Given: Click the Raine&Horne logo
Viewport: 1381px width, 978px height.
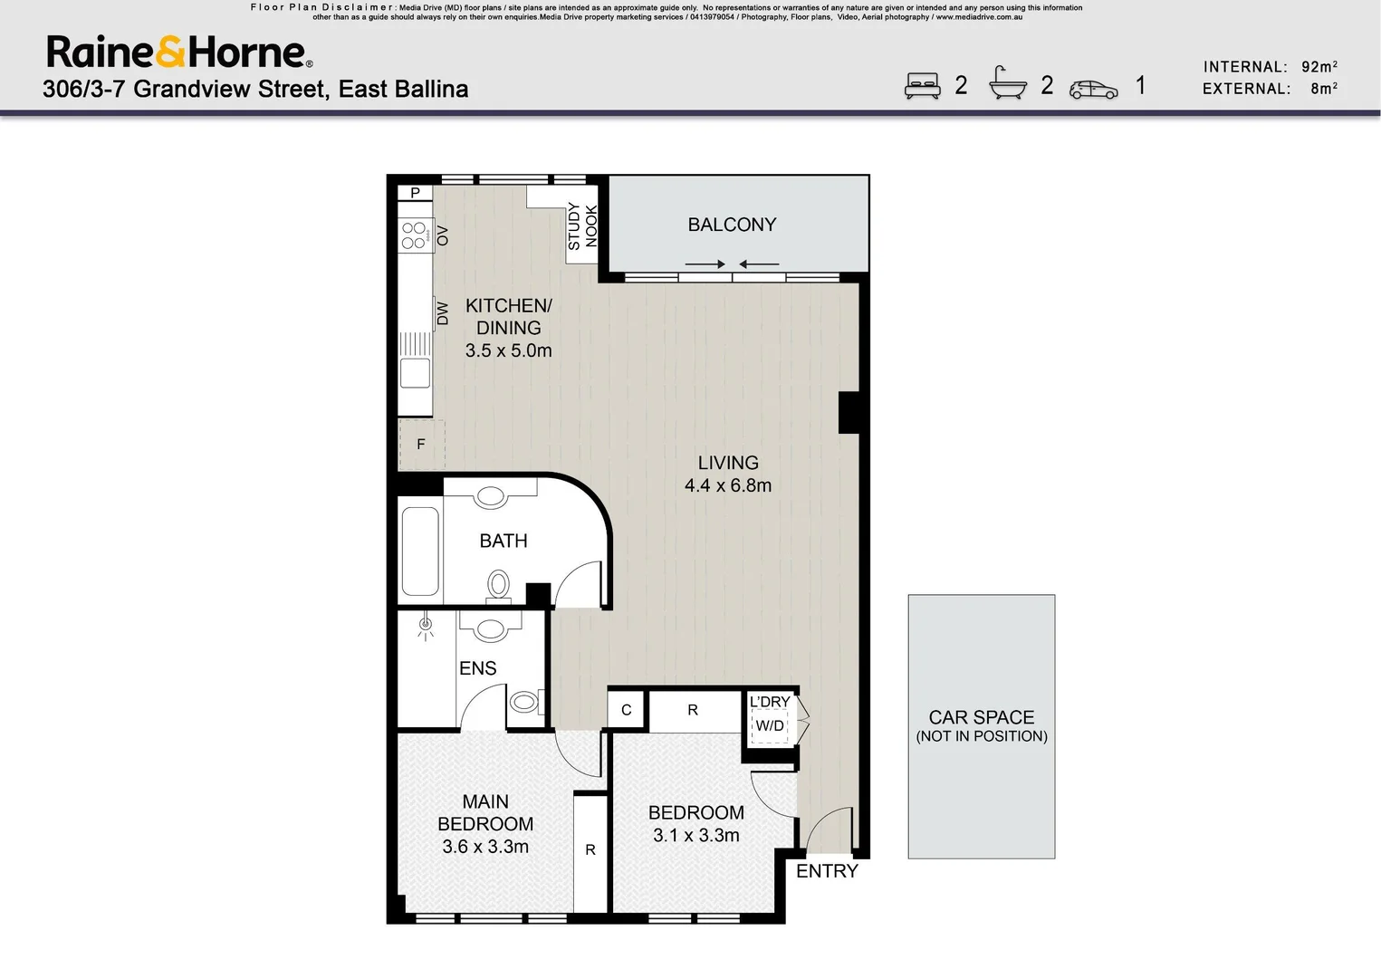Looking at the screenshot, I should tap(179, 53).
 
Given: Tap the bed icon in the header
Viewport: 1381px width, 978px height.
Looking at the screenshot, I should tap(922, 87).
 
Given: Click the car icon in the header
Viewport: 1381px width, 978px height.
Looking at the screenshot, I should tap(1093, 89).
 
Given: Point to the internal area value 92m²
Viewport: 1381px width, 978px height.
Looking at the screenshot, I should tap(1319, 67).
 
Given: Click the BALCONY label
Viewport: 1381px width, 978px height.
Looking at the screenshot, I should tap(732, 225).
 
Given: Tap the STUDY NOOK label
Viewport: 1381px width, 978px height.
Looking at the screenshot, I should tap(582, 226).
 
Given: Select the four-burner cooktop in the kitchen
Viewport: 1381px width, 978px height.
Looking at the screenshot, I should tap(414, 235).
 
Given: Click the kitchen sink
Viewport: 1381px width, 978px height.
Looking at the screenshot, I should tap(415, 372).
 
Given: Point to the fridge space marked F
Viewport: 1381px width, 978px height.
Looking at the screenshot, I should tap(421, 445).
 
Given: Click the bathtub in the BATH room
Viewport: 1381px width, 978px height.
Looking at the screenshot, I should tap(420, 551).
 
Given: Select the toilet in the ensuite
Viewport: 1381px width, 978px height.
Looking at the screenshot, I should tap(524, 702).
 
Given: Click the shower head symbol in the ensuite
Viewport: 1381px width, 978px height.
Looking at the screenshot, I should tap(425, 626).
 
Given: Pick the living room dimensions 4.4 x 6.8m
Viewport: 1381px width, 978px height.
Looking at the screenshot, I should tap(728, 485).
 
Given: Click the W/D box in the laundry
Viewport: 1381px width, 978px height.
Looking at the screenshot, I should tap(770, 726).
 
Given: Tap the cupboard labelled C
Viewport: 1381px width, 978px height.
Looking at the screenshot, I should tap(626, 711).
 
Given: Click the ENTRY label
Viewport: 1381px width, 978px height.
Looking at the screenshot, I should tap(827, 871).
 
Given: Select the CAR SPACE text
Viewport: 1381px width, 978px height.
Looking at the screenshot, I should tap(981, 717).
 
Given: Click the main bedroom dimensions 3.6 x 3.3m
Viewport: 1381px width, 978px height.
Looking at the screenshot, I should tap(485, 847).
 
